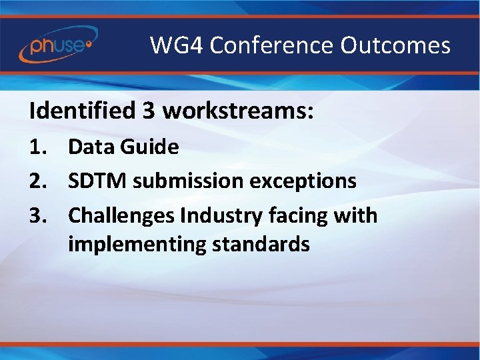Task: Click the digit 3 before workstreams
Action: tap(148, 111)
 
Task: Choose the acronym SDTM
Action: tap(97, 181)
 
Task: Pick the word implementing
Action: tap(137, 245)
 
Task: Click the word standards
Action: tap(261, 244)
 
